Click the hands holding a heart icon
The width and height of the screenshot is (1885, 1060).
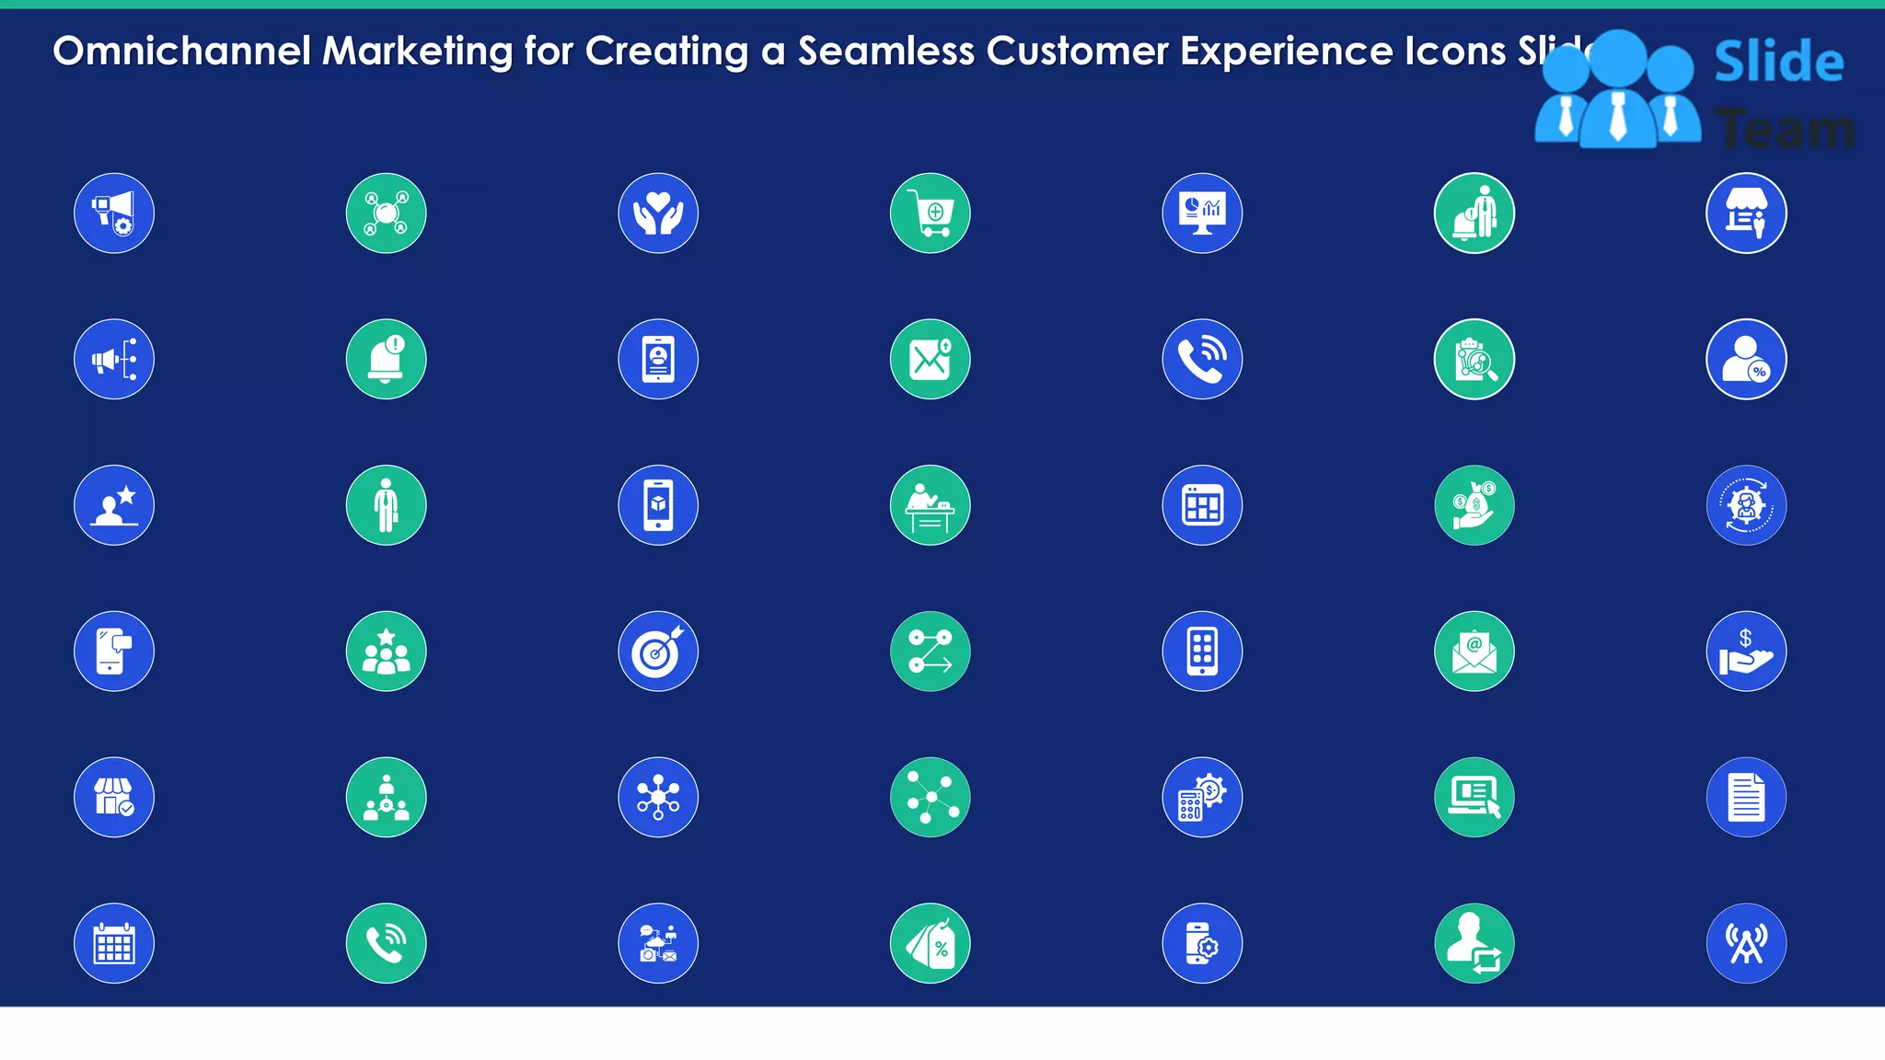tap(658, 213)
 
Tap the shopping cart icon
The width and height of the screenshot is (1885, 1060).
tap(930, 213)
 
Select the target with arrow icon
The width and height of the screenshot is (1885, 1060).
tap(658, 651)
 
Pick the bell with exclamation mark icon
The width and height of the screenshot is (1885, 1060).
tap(386, 359)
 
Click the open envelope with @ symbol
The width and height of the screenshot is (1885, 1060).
tap(1474, 651)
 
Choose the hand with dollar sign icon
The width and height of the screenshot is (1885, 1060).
tap(1746, 651)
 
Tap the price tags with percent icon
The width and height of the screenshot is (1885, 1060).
tap(930, 943)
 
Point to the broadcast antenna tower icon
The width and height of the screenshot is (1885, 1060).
tap(1746, 943)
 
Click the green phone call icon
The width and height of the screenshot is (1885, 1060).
tap(386, 943)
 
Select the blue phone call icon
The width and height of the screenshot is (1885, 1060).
tap(1202, 359)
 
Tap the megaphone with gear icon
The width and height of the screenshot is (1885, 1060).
tap(114, 213)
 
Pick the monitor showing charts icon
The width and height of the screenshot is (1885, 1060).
tap(1202, 213)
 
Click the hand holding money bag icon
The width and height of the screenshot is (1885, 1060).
tap(1474, 505)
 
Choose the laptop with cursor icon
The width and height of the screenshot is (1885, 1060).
tap(1474, 797)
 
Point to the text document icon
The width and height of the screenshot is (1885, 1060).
tap(1746, 797)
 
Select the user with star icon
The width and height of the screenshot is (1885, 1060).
tap(114, 505)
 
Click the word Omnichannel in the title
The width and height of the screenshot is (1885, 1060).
tap(181, 52)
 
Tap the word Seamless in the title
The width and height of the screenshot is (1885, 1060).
tap(885, 52)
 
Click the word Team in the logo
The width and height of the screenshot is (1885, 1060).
tap(1786, 129)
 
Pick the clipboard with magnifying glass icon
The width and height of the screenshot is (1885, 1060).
tap(1474, 359)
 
